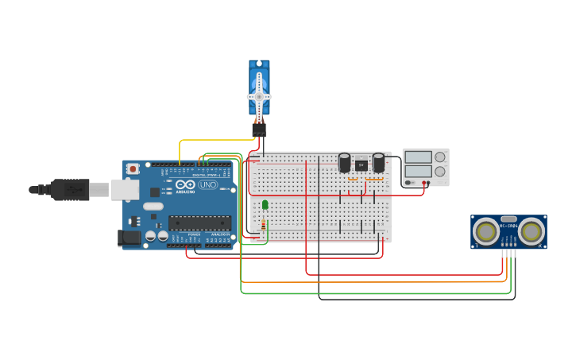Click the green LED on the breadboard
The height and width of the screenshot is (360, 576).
click(x=265, y=205)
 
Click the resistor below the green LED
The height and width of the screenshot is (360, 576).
click(x=264, y=225)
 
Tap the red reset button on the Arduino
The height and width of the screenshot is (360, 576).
click(x=133, y=168)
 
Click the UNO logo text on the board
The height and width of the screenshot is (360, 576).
click(x=207, y=184)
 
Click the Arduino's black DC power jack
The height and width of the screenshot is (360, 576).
click(x=128, y=237)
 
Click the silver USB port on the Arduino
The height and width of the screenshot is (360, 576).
click(x=124, y=189)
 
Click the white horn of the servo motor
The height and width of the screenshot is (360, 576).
click(x=259, y=96)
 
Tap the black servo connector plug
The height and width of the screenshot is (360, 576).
click(x=259, y=127)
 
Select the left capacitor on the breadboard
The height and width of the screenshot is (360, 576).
click(x=344, y=162)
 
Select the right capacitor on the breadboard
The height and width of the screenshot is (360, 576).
click(x=378, y=162)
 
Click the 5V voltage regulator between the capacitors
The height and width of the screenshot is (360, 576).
click(x=361, y=165)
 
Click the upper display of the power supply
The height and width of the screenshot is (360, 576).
click(x=418, y=157)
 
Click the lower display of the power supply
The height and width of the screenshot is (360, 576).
click(x=418, y=171)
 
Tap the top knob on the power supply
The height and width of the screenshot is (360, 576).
click(x=439, y=157)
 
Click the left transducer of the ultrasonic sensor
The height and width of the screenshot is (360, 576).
click(x=486, y=231)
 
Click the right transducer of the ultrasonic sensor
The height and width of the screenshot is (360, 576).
click(x=531, y=231)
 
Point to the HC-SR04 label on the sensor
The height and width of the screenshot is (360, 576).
click(x=508, y=226)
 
